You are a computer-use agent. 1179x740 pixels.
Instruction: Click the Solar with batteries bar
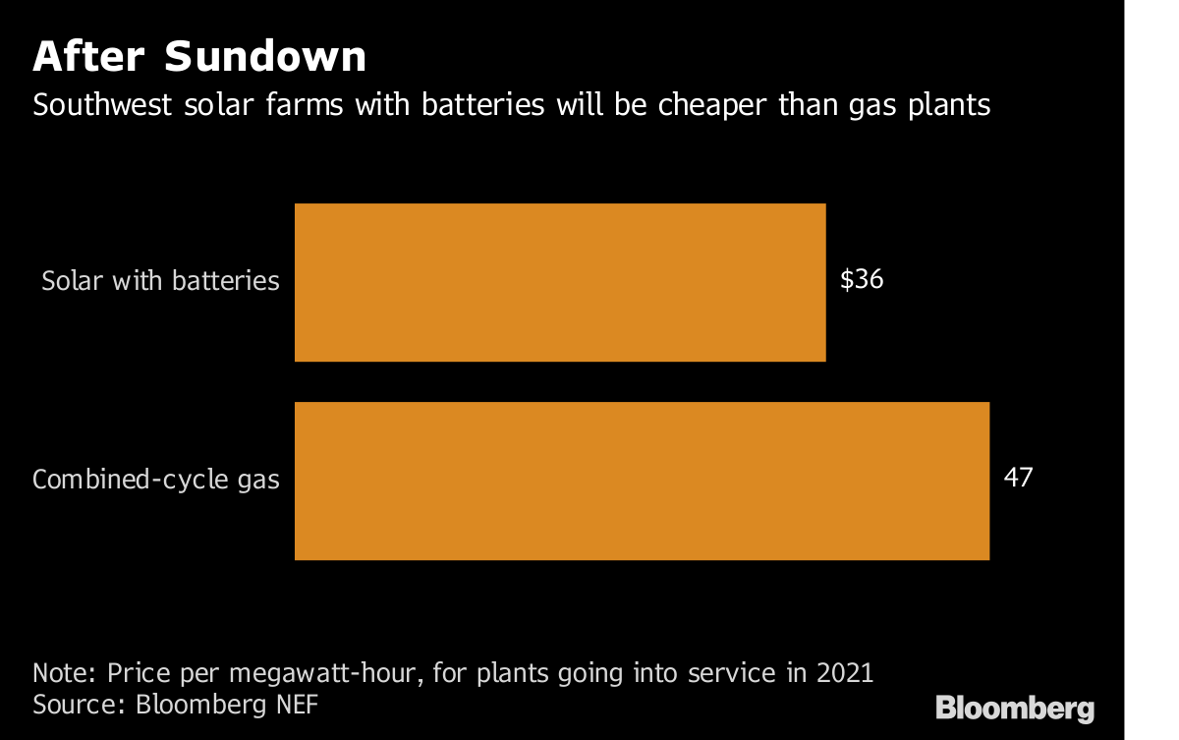[x=560, y=282]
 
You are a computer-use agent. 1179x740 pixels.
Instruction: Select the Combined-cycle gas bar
[x=642, y=481]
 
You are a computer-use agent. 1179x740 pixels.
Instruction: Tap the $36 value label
[x=862, y=280]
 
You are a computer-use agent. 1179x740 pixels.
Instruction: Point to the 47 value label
[x=1019, y=479]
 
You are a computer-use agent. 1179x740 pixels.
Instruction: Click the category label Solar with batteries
[x=160, y=281]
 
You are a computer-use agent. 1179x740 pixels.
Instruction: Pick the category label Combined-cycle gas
[x=156, y=481]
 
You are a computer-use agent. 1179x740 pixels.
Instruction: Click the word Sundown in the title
[x=265, y=58]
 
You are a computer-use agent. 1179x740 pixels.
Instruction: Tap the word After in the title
[x=89, y=58]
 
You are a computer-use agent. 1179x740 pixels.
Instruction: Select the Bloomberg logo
[x=1014, y=708]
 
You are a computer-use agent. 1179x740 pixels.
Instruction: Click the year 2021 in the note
[x=841, y=674]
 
